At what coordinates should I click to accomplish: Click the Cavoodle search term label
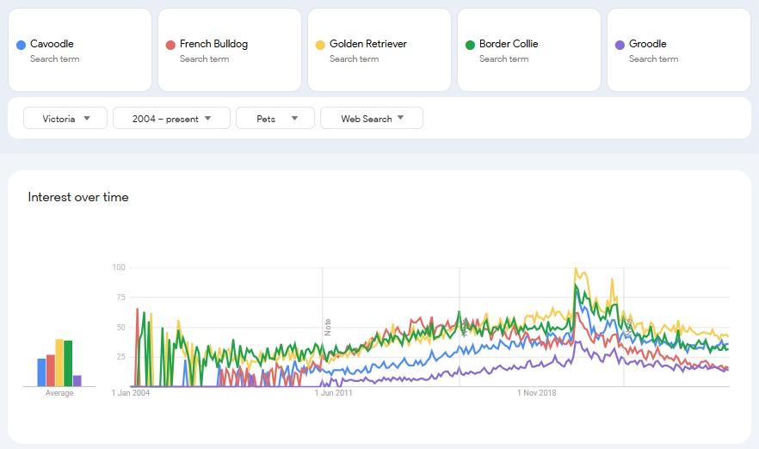[52, 44]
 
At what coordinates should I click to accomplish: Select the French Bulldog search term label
[213, 44]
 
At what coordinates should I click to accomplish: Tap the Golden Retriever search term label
[367, 44]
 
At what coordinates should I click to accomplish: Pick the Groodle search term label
[647, 44]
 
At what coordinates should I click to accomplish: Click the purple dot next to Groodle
[620, 45]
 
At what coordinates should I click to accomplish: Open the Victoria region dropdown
[65, 119]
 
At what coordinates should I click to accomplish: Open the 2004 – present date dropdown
[171, 119]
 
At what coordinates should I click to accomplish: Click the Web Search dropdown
[371, 119]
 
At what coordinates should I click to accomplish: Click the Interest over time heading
[78, 197]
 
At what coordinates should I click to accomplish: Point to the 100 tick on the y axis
[119, 268]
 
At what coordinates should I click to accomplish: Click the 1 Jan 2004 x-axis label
[131, 393]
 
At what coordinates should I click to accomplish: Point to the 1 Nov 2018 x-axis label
[537, 393]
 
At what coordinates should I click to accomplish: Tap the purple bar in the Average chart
[77, 381]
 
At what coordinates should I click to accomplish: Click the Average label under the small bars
[59, 393]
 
